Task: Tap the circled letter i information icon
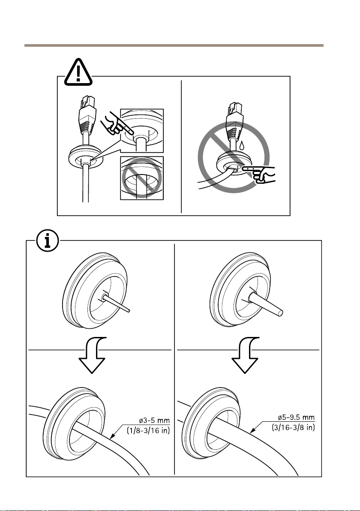48,241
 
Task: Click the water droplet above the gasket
241,145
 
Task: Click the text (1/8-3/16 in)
149,430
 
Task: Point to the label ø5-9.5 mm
296,417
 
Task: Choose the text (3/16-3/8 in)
294,427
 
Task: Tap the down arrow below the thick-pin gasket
245,355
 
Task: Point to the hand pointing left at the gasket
261,173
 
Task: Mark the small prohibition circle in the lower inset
142,178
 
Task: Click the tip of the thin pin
130,310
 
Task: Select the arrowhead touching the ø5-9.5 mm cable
251,430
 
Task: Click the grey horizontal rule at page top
174,45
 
